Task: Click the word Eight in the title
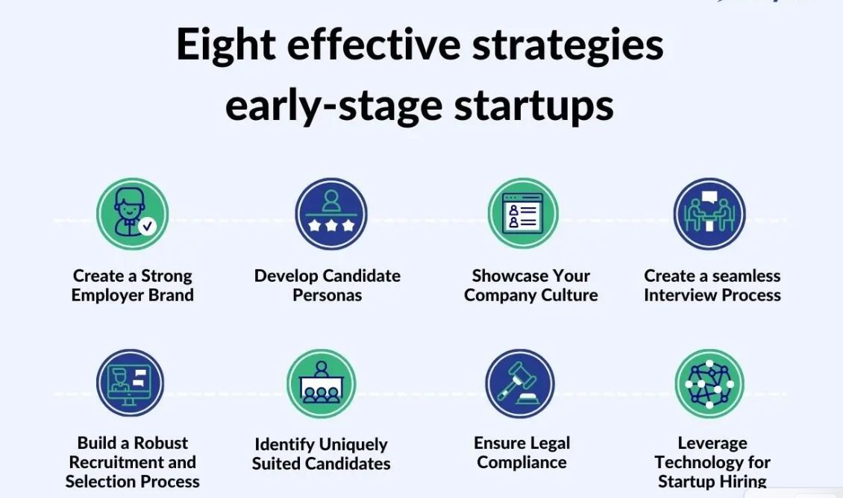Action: [x=226, y=45]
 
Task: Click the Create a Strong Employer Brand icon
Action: [x=132, y=214]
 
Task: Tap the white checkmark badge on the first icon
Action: [x=147, y=226]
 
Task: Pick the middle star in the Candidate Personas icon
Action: [x=331, y=224]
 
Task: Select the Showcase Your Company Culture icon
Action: [x=522, y=213]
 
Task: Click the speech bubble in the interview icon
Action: [x=709, y=198]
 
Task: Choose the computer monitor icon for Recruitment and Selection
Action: [x=130, y=382]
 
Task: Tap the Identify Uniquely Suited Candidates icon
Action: [x=321, y=384]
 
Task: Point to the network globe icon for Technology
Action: [x=709, y=384]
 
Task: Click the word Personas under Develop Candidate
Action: [x=328, y=295]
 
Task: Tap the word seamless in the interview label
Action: [x=746, y=276]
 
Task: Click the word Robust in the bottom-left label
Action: [x=160, y=443]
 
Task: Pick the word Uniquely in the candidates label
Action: [x=353, y=445]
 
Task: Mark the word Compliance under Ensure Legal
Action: [x=521, y=462]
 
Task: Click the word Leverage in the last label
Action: [x=712, y=443]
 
